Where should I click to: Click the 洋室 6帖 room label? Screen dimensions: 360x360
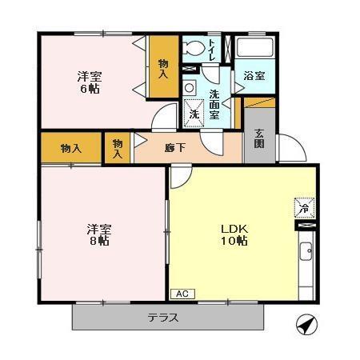click(89, 83)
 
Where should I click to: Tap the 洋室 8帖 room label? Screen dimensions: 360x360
click(99, 235)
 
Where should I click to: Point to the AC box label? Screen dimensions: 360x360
click(181, 294)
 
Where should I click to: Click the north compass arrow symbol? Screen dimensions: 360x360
click(305, 325)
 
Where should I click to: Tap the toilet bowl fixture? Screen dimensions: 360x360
click(192, 48)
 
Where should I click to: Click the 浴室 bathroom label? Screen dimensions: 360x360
click(256, 76)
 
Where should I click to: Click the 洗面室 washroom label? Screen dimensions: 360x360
click(214, 105)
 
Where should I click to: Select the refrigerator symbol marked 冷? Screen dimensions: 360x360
click(303, 206)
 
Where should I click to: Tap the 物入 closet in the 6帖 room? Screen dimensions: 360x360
click(162, 68)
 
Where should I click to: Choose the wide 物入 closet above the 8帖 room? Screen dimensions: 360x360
click(71, 147)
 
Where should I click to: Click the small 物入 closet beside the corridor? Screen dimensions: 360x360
click(118, 147)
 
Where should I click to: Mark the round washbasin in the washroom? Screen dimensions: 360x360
click(189, 86)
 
